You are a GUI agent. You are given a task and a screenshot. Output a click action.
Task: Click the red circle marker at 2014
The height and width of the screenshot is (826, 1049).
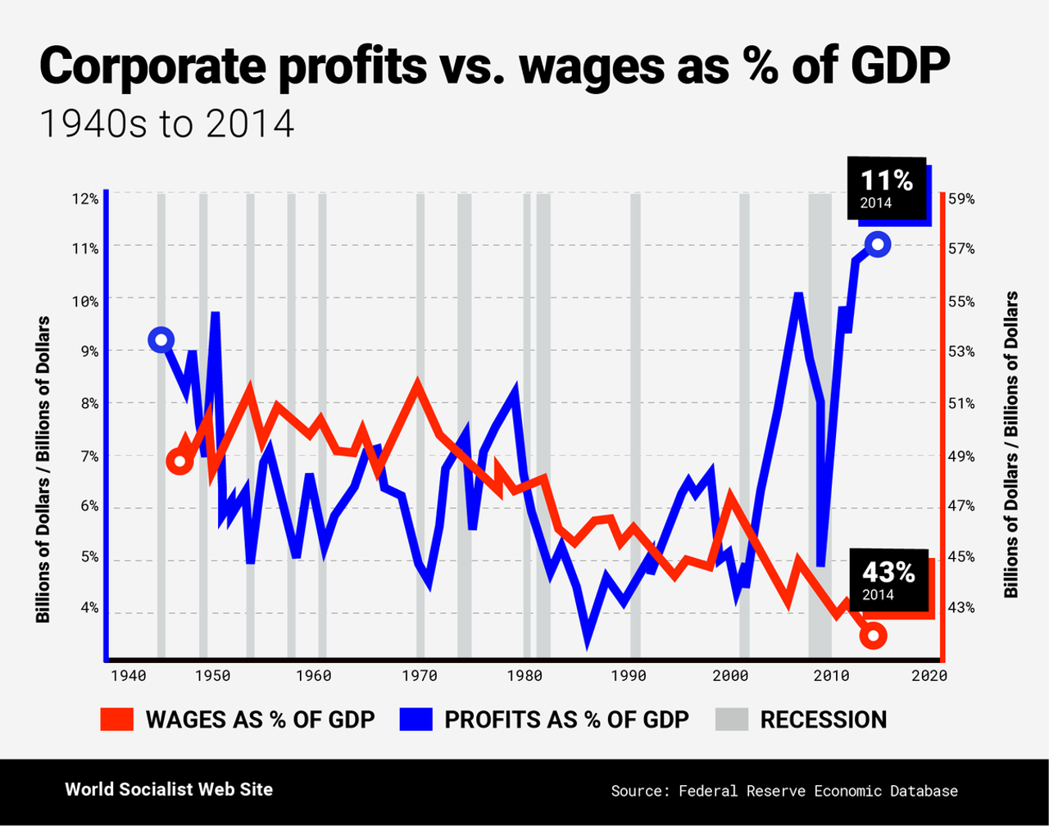pyautogui.click(x=874, y=635)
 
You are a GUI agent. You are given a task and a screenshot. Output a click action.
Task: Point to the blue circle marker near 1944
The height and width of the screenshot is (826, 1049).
pyautogui.click(x=161, y=340)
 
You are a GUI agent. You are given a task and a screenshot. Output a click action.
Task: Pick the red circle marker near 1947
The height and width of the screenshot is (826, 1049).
pyautogui.click(x=180, y=462)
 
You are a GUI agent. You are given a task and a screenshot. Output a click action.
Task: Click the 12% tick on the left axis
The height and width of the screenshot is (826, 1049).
pyautogui.click(x=85, y=198)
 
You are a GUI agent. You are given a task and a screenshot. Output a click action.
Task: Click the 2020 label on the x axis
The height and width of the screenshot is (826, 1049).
pyautogui.click(x=931, y=677)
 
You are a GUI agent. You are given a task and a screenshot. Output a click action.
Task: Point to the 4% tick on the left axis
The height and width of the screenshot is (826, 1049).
pyautogui.click(x=88, y=607)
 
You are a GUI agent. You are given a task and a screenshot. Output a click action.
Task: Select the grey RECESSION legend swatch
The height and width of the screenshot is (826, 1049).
pyautogui.click(x=732, y=719)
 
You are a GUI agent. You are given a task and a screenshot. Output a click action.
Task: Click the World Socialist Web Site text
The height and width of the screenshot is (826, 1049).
pyautogui.click(x=169, y=789)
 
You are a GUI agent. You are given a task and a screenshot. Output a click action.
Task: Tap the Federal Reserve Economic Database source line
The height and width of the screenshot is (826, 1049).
pyautogui.click(x=784, y=791)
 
